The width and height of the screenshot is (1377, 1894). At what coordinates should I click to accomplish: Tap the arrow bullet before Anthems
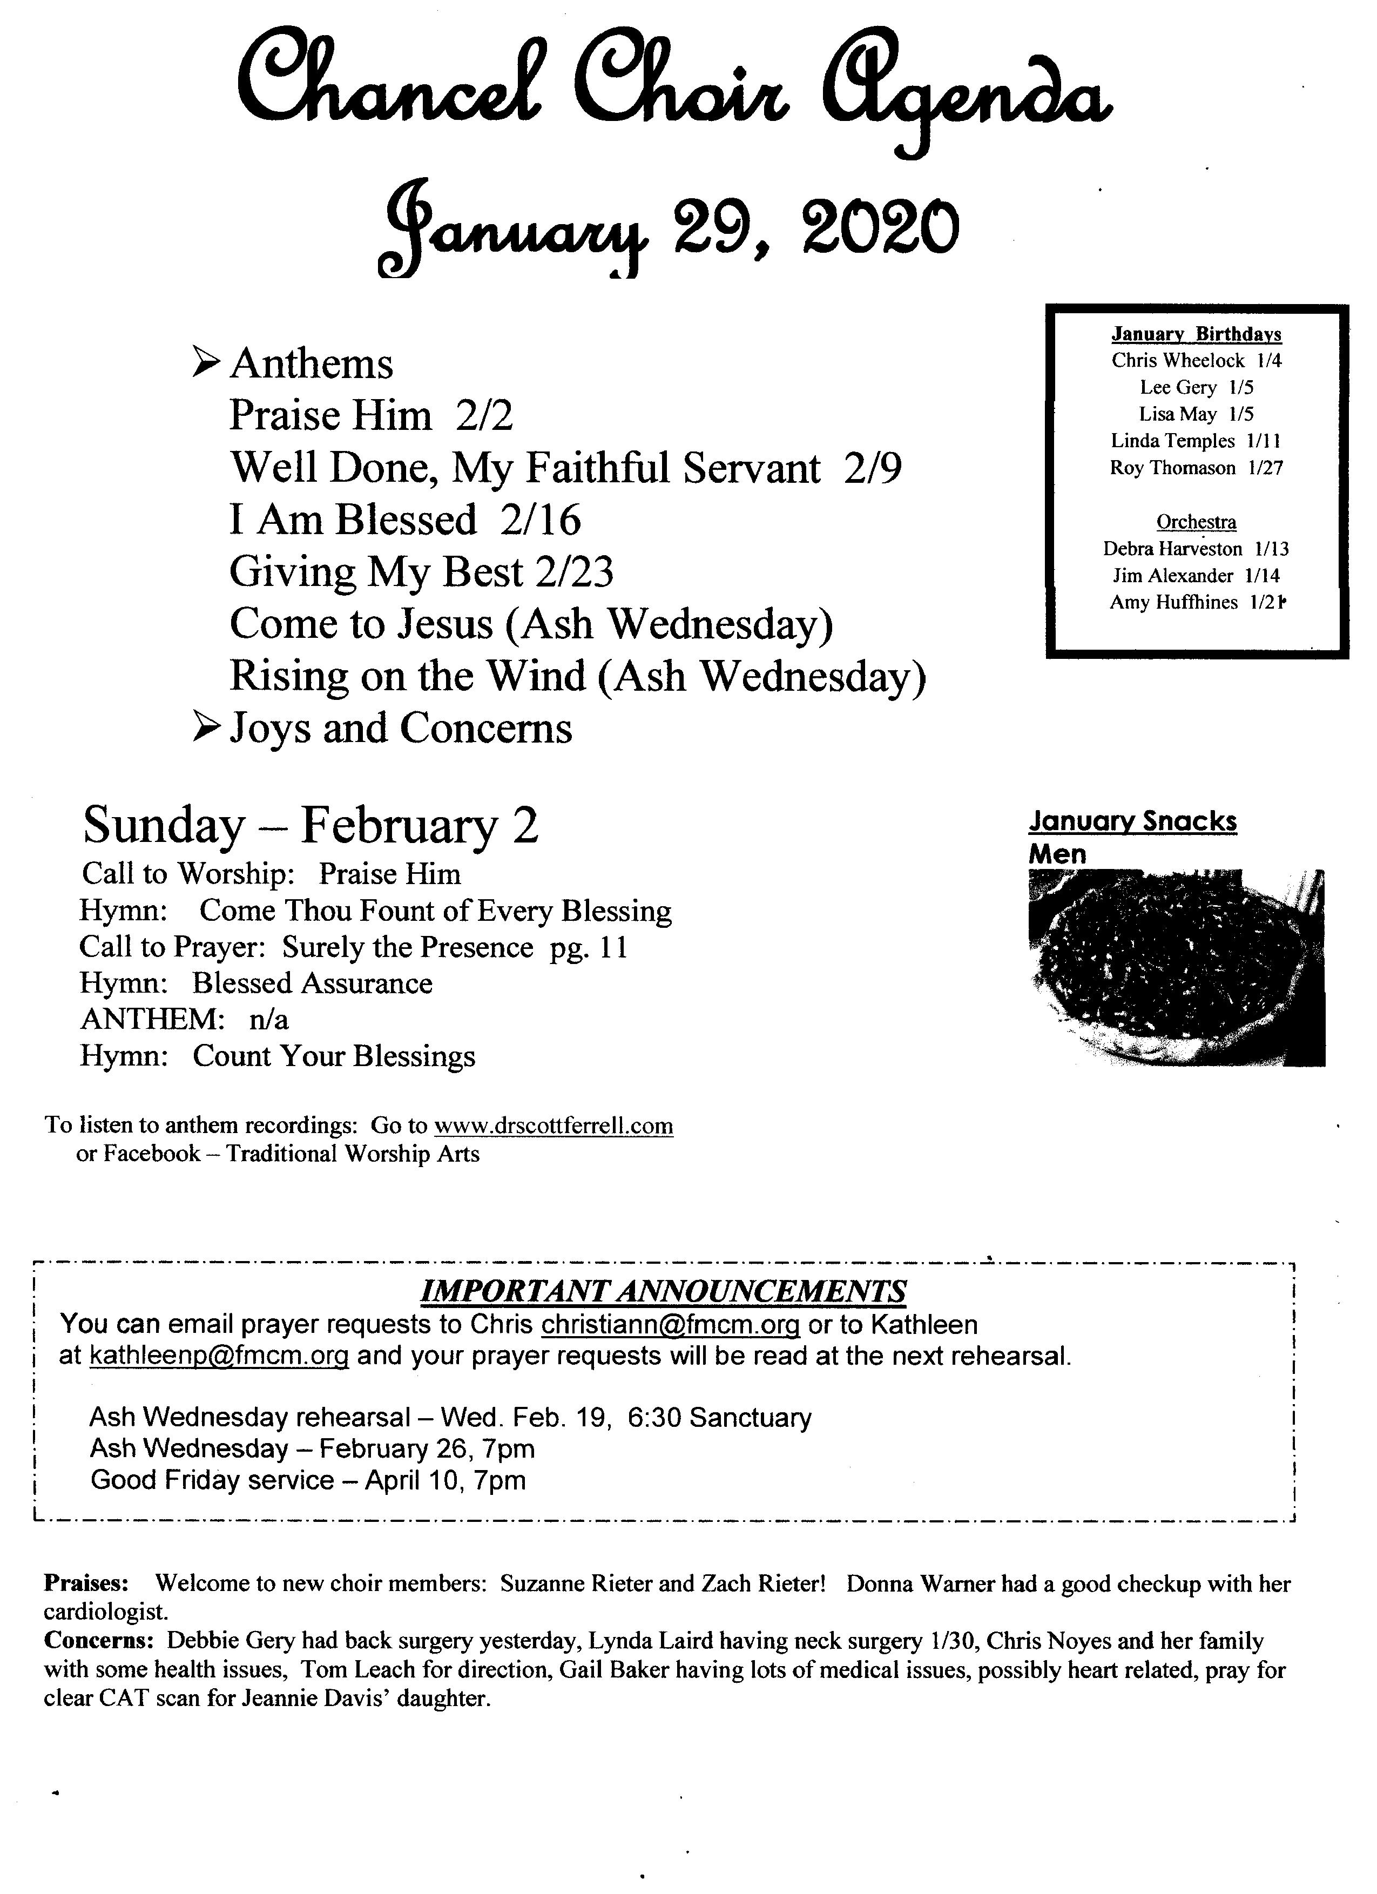[x=205, y=362]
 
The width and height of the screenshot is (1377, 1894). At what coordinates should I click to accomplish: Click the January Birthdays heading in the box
[x=1196, y=334]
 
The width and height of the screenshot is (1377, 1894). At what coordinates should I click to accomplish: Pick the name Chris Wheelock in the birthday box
[x=1177, y=361]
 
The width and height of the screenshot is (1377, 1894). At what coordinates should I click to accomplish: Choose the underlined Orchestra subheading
[x=1196, y=522]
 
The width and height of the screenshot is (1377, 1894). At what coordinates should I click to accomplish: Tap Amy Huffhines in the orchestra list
[x=1173, y=602]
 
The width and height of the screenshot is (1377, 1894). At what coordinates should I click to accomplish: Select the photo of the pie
[x=1176, y=967]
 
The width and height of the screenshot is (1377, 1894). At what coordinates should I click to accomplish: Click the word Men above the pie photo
[x=1057, y=853]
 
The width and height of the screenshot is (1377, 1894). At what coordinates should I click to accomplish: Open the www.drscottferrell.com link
[x=553, y=1125]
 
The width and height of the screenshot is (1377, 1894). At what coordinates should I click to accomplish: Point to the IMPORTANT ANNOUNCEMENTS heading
[x=662, y=1292]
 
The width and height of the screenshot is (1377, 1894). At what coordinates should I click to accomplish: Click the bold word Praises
[x=86, y=1583]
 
